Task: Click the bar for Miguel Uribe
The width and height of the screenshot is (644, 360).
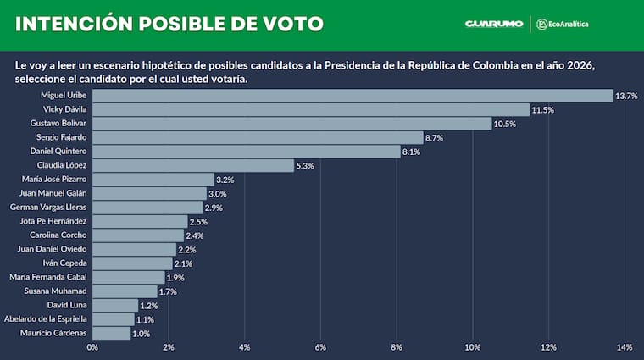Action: point(352,96)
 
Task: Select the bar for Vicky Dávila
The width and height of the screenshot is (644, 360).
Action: point(310,110)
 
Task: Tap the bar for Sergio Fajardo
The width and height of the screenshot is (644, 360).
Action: point(257,137)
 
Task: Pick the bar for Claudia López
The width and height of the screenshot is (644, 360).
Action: point(192,165)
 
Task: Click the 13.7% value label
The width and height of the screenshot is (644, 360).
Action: point(626,96)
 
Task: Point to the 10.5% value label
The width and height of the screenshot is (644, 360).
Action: point(504,124)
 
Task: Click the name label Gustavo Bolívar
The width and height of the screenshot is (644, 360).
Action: point(63,124)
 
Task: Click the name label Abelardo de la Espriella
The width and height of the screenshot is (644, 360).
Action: point(46,319)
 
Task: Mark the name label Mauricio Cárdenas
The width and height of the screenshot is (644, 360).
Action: point(53,333)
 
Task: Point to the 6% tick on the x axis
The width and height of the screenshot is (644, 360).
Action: point(320,348)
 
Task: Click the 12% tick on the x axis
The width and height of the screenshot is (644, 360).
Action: point(548,348)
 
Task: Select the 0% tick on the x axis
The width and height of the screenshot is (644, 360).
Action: point(92,348)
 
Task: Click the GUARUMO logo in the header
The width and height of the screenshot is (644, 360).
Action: point(493,25)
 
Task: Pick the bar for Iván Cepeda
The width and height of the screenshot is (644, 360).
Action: point(132,263)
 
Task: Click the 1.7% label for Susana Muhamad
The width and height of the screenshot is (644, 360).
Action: point(169,291)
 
